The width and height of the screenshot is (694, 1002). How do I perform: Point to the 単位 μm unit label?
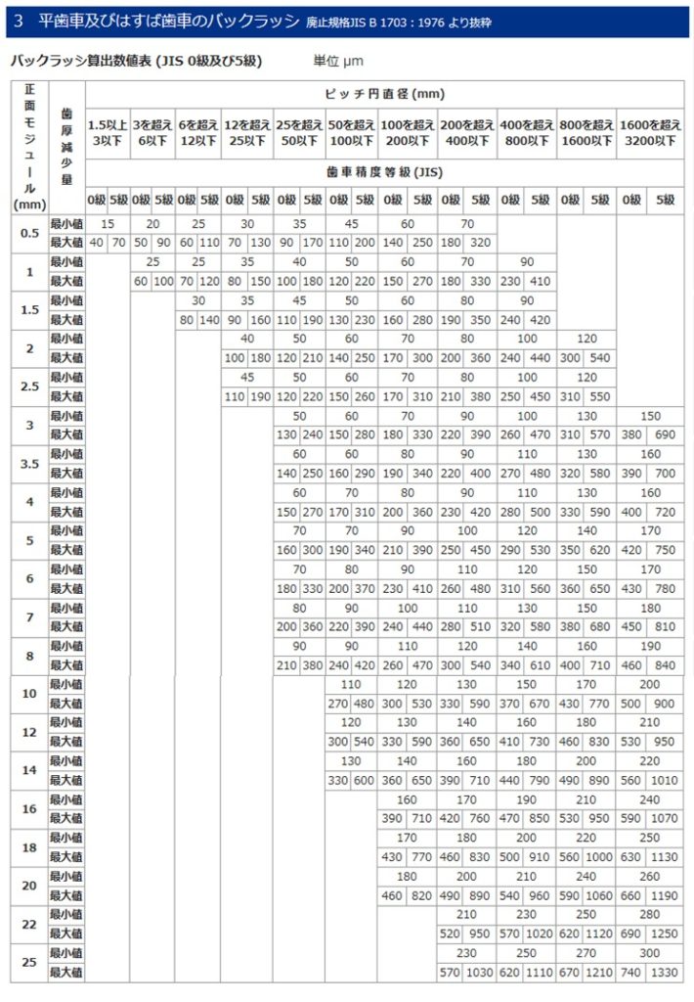[x=338, y=61]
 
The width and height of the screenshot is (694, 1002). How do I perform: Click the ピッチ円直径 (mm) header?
[x=384, y=94]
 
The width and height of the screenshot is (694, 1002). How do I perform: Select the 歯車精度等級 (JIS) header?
[x=384, y=170]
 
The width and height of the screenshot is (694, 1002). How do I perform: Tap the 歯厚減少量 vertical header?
[x=66, y=147]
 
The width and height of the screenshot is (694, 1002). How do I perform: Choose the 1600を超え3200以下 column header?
[x=650, y=132]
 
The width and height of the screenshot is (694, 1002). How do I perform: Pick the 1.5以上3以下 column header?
[x=108, y=132]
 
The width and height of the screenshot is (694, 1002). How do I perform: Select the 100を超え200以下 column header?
[x=408, y=132]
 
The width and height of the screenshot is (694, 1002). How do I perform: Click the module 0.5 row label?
[x=29, y=233]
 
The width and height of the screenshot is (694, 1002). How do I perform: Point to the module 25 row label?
[x=29, y=963]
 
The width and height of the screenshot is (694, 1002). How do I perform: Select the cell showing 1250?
[x=665, y=934]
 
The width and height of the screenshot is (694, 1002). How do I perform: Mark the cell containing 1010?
[x=665, y=780]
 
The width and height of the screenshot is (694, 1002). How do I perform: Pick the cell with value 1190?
[x=665, y=895]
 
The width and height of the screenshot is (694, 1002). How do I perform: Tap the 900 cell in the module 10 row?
[x=665, y=704]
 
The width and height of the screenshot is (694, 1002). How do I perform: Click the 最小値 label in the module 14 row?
[x=66, y=760]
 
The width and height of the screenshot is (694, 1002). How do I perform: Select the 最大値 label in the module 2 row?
[x=66, y=358]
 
